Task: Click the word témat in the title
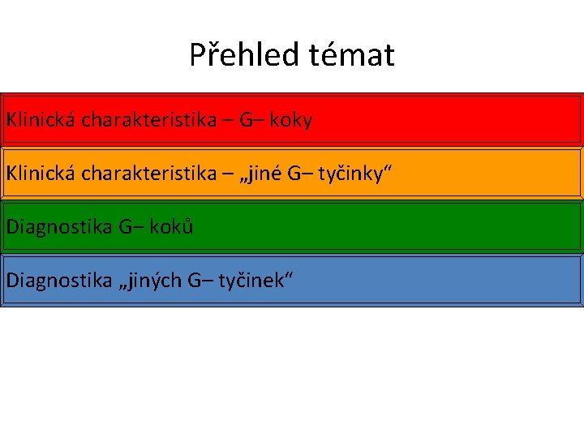click(351, 55)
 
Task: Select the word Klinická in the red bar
click(40, 120)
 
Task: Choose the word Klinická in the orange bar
click(40, 173)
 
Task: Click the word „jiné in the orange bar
click(264, 173)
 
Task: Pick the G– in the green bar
click(131, 226)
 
